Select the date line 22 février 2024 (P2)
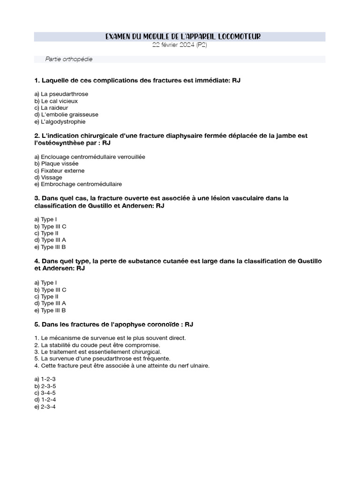click(180, 45)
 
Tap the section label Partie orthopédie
click(69, 59)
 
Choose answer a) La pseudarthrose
click(61, 94)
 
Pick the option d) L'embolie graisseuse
click(66, 114)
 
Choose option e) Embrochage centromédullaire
click(78, 184)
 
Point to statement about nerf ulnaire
click(122, 366)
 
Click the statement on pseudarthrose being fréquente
click(102, 359)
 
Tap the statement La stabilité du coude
click(100, 345)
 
